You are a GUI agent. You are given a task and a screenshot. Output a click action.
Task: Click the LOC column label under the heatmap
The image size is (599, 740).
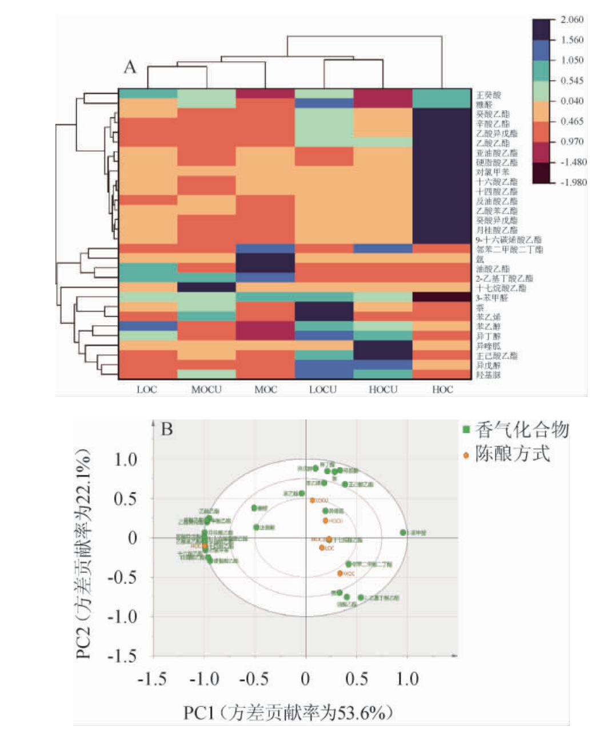pyautogui.click(x=146, y=390)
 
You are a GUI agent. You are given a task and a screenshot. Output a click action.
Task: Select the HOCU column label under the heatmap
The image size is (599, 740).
pyautogui.click(x=382, y=390)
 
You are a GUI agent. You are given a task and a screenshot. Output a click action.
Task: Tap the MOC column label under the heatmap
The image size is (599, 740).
pyautogui.click(x=265, y=390)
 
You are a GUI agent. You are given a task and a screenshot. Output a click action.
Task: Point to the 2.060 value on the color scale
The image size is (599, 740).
pyautogui.click(x=572, y=19)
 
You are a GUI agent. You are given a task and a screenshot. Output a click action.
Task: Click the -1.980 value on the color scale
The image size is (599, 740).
pyautogui.click(x=573, y=182)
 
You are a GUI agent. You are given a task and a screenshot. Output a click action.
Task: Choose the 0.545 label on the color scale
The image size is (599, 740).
pyautogui.click(x=572, y=81)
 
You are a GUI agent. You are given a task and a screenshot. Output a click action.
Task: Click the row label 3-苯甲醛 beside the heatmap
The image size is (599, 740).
pyautogui.click(x=492, y=298)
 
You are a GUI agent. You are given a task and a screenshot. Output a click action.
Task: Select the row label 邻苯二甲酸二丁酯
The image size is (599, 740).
pyautogui.click(x=509, y=250)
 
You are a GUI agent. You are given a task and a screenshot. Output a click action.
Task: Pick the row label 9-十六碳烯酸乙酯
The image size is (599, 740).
pyautogui.click(x=508, y=240)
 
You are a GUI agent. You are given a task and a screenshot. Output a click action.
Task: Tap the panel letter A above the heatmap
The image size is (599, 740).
pyautogui.click(x=130, y=67)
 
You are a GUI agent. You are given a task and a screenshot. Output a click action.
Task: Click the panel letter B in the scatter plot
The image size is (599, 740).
pyautogui.click(x=167, y=429)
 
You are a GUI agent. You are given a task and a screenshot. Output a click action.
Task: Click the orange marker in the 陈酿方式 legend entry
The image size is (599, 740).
pyautogui.click(x=466, y=455)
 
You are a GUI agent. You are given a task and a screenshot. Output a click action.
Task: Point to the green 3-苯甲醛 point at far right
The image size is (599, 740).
pyautogui.click(x=403, y=533)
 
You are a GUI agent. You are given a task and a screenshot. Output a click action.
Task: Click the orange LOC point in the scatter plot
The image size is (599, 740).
pyautogui.click(x=322, y=547)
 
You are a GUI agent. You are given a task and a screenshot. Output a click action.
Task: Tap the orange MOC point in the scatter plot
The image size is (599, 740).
pyautogui.click(x=340, y=573)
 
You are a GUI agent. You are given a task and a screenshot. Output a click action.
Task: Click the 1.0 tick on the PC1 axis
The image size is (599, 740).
pyautogui.click(x=407, y=679)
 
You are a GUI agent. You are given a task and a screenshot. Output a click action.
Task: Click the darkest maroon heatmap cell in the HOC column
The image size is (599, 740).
pyautogui.click(x=441, y=297)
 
